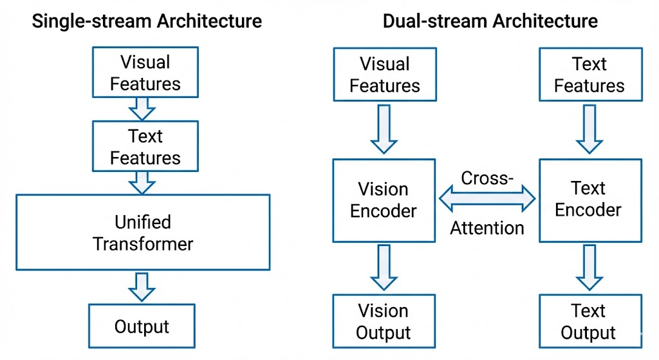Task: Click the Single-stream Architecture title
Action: coord(147,21)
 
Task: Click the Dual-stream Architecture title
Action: coord(490,21)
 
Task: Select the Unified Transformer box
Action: coord(143,232)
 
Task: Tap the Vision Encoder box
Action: coord(384,200)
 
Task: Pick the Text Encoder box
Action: coord(591,200)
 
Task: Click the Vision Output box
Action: coord(384,321)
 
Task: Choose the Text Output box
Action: coord(591,321)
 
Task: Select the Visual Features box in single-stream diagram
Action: coord(145,72)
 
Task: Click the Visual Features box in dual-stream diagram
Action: coord(385,75)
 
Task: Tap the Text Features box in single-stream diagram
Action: coord(145,146)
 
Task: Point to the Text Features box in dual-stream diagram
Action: coord(591,75)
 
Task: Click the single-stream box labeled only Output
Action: coord(142,326)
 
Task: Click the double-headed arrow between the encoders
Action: coord(488,198)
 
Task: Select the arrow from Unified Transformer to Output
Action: coord(142,287)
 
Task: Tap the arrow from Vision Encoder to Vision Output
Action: coord(384,268)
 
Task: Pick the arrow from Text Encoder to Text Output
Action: coord(589,268)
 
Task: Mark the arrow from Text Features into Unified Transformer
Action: coord(142,182)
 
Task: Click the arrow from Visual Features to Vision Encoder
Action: coord(384,129)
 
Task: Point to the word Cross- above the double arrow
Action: coord(487,178)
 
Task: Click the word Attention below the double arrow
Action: coord(487,228)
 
